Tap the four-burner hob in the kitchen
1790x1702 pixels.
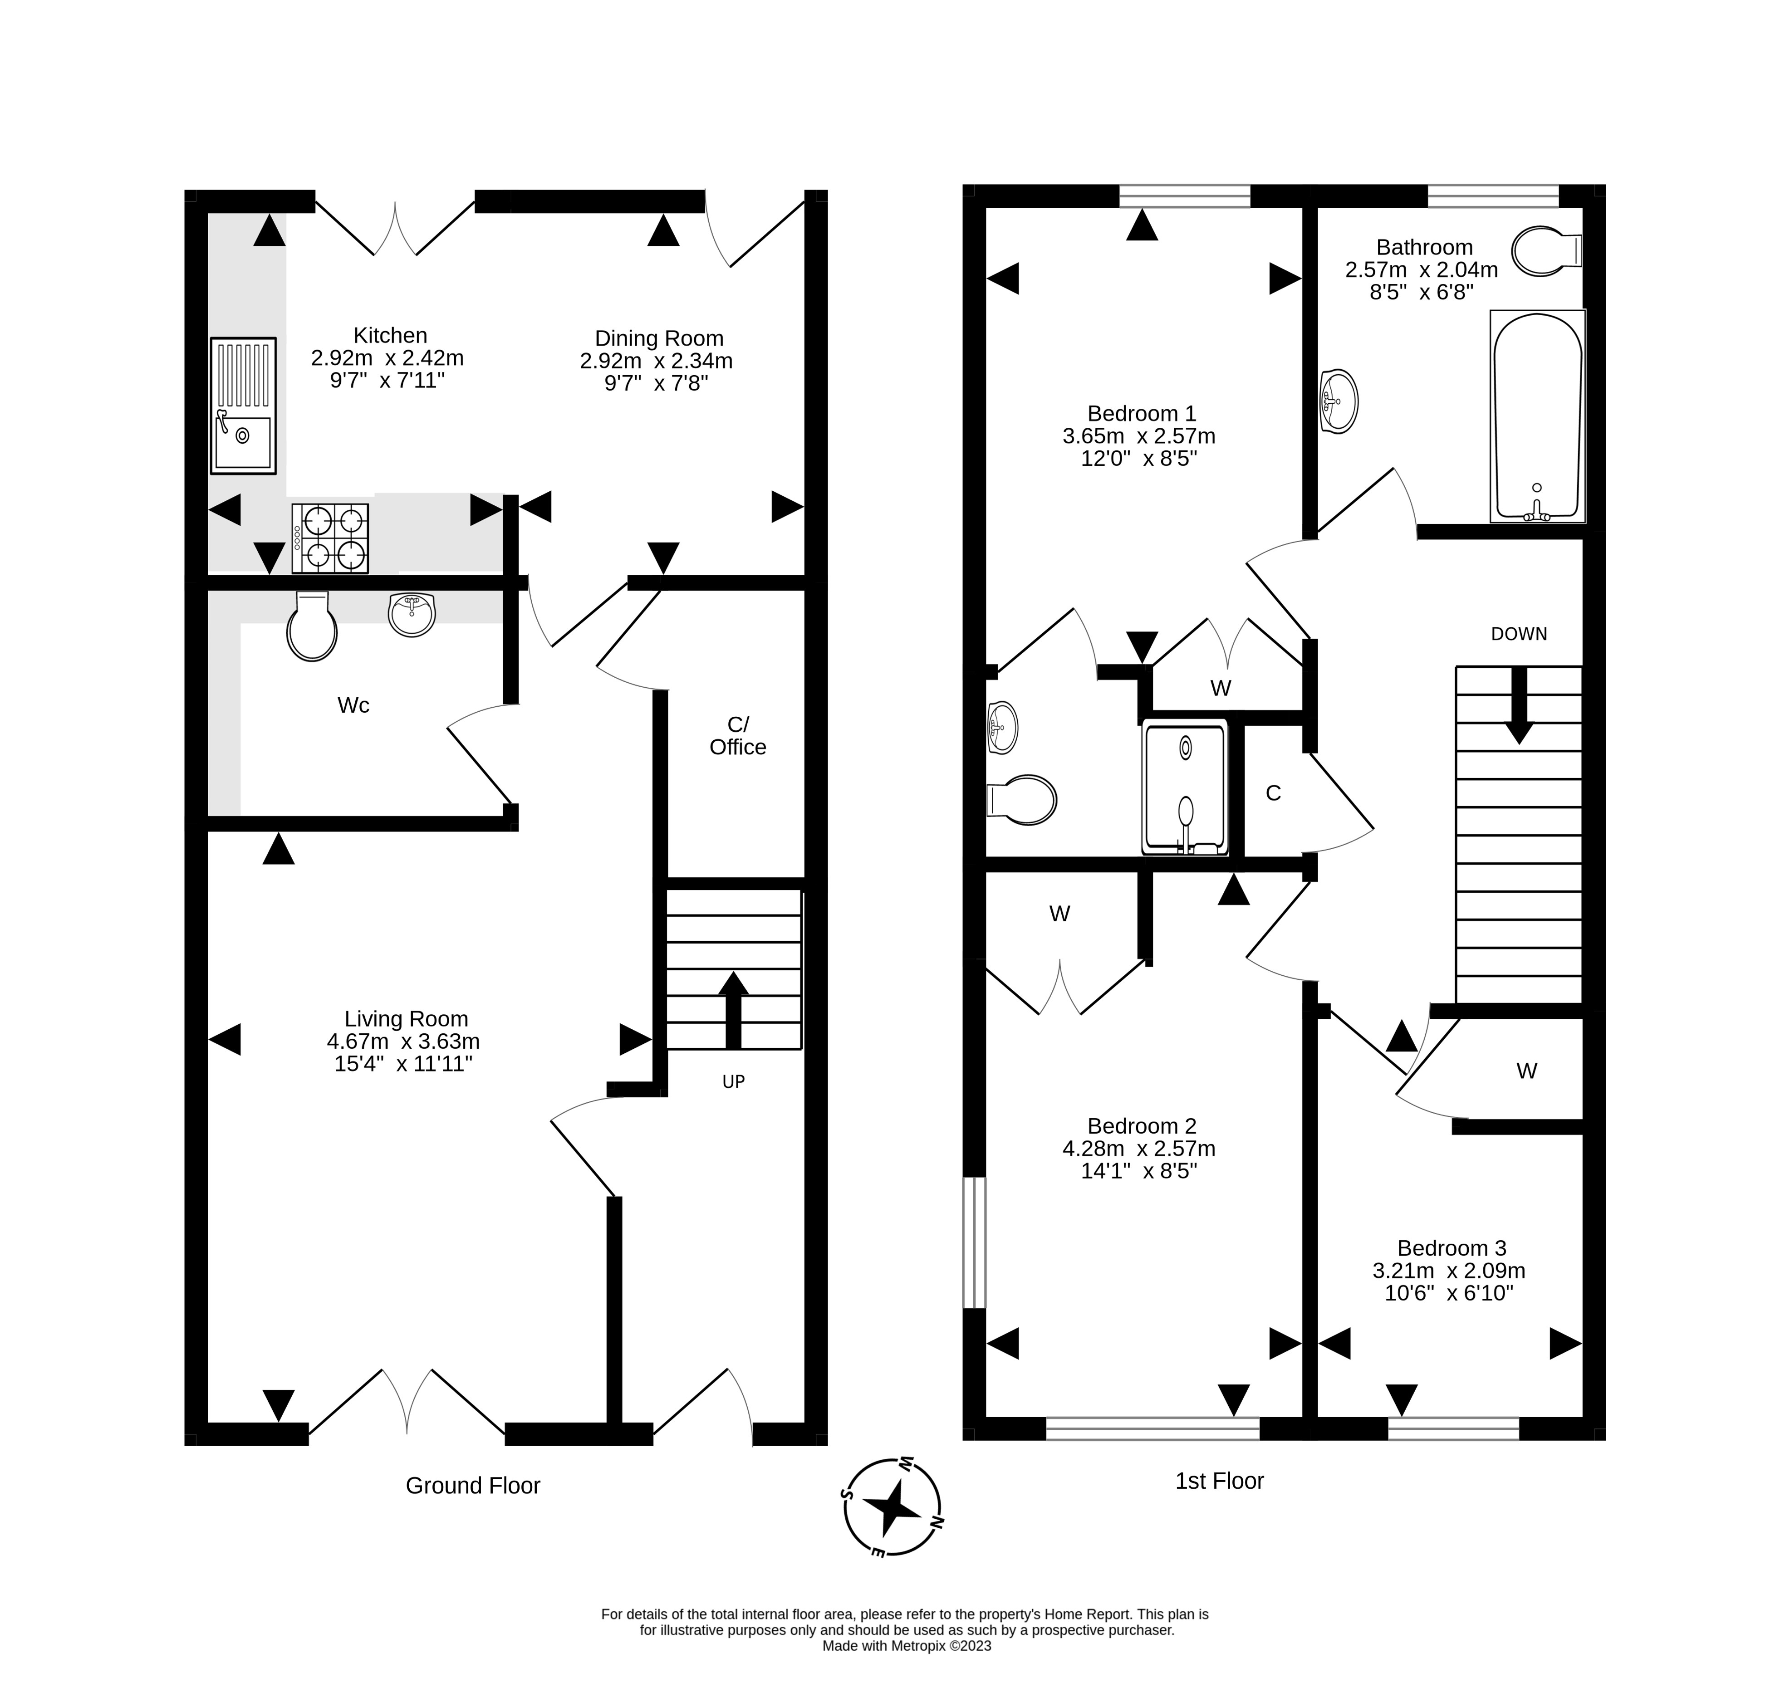click(330, 538)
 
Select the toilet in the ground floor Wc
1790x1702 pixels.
click(311, 626)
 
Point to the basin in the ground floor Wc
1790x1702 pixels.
click(412, 614)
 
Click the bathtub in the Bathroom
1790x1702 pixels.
click(1538, 416)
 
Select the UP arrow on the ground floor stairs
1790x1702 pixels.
click(733, 1010)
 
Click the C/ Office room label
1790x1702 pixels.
click(738, 736)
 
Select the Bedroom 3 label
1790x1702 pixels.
click(1452, 1248)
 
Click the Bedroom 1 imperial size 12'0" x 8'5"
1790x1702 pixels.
click(1139, 459)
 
